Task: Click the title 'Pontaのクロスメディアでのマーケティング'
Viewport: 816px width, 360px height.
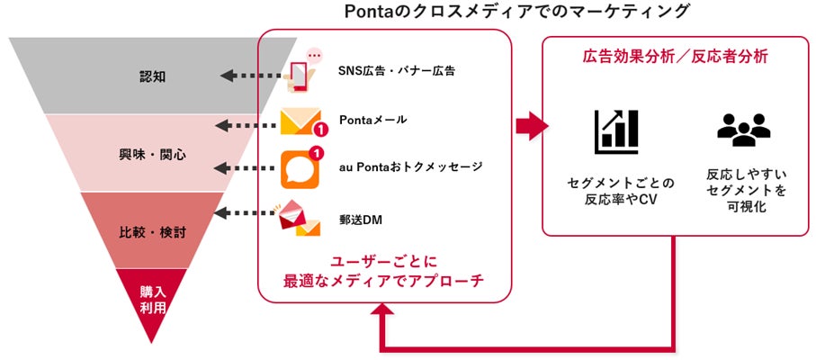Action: tap(517, 12)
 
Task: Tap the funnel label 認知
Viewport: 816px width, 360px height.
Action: tap(152, 76)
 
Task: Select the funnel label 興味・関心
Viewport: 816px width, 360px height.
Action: tap(152, 154)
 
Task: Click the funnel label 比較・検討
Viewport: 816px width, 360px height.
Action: tap(152, 230)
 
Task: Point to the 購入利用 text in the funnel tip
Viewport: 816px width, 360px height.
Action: tap(152, 299)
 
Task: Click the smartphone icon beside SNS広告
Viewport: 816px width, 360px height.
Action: tap(304, 72)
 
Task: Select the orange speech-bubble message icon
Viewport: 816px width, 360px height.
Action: tap(300, 166)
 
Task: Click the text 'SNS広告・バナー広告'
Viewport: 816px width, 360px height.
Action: tap(396, 71)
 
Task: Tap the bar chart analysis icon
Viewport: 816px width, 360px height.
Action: tap(615, 131)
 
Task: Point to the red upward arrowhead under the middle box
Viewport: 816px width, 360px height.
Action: tap(385, 314)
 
